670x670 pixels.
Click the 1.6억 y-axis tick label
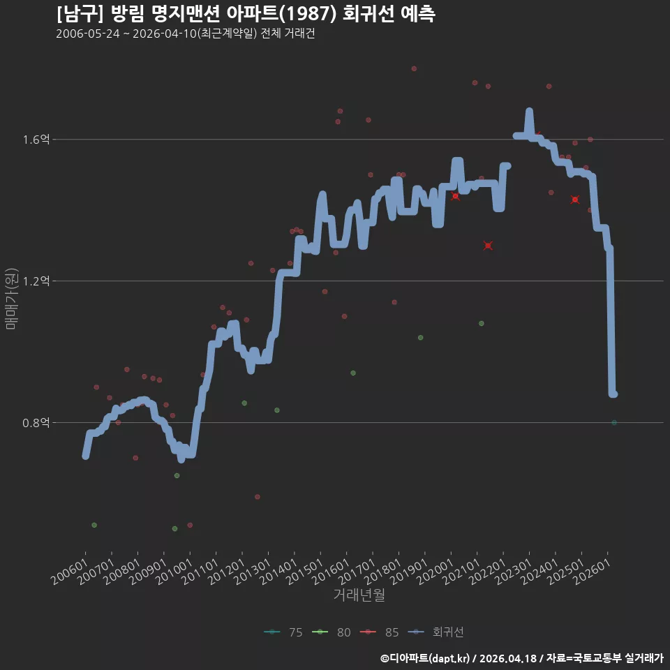pos(36,140)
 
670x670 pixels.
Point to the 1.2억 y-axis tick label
pos(36,281)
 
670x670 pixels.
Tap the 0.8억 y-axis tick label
pos(36,423)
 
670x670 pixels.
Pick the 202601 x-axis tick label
pos(593,572)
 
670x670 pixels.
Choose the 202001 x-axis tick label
pos(435,572)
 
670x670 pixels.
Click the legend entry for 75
pos(283,632)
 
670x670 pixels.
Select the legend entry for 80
pos(332,632)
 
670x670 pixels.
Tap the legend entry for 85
pos(380,632)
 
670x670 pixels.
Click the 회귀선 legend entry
pos(435,632)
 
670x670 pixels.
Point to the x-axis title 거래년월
pos(359,595)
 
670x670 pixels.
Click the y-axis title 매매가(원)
pos(11,299)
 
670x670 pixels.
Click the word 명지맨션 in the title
pos(186,14)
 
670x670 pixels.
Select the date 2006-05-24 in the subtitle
pos(88,33)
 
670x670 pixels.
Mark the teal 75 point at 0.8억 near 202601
pos(614,423)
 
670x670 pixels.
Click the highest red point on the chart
pos(414,69)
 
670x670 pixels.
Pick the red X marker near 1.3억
pos(488,246)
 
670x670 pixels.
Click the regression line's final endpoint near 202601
pos(614,394)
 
